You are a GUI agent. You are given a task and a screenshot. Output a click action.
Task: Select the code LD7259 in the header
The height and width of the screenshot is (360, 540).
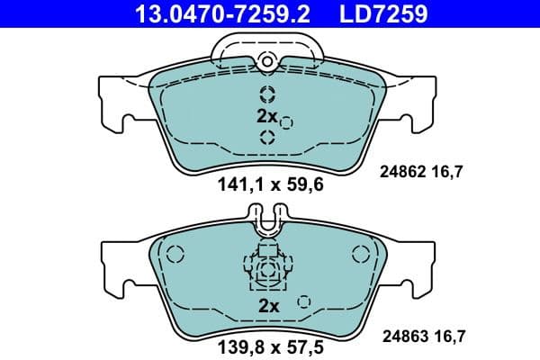378,13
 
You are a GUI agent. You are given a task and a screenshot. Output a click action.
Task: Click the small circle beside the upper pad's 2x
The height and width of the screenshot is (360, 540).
286,122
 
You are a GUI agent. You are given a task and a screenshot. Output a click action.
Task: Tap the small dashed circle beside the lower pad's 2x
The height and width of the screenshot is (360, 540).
304,301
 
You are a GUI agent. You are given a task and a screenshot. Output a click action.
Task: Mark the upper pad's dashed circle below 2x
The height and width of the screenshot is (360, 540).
267,137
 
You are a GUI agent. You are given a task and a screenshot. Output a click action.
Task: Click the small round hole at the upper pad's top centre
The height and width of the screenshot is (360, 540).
266,61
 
